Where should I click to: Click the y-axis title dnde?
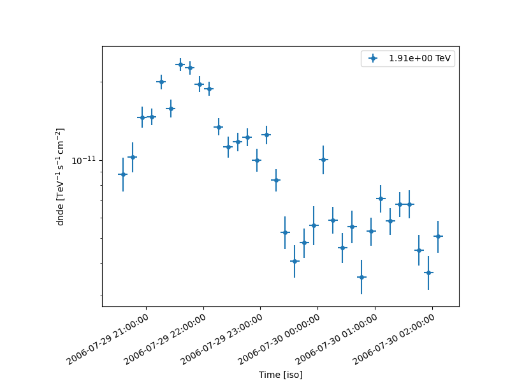pyautogui.click(x=61, y=177)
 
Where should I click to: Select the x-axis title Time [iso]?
pyautogui.click(x=280, y=375)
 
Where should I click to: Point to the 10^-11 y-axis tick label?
pyautogui.click(x=83, y=160)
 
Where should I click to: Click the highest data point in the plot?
pyautogui.click(x=180, y=64)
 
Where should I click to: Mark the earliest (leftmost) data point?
pyautogui.click(x=123, y=174)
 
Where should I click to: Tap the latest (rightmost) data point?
pyautogui.click(x=438, y=236)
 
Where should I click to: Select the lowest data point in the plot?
pyautogui.click(x=361, y=277)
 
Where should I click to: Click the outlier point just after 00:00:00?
pyautogui.click(x=323, y=160)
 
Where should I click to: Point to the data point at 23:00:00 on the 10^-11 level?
pyautogui.click(x=256, y=160)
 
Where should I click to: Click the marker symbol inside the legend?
pyautogui.click(x=373, y=59)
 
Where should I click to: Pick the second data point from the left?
pyautogui.click(x=133, y=157)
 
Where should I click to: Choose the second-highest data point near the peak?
pyautogui.click(x=190, y=68)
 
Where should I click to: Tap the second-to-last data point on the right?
pyautogui.click(x=428, y=273)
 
